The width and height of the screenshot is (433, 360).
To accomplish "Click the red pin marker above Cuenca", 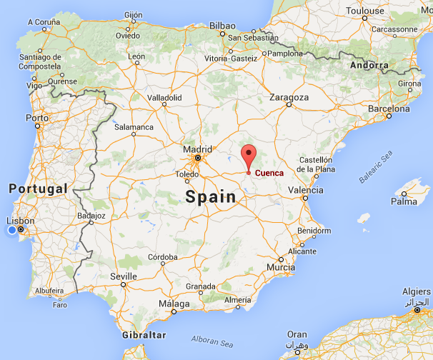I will point(249,154).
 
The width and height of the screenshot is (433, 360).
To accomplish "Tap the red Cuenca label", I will point(269,173).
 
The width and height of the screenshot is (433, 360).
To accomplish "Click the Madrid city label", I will point(196,149).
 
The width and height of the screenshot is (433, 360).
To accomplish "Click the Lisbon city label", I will point(16,221).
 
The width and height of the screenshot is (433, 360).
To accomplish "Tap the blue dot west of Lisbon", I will point(12,231).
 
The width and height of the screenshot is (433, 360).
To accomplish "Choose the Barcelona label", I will point(389,109).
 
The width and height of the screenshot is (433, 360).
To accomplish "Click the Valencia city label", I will point(305,190).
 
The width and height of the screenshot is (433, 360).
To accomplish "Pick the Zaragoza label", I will point(289,97).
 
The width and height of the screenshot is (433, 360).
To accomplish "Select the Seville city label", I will point(124,276).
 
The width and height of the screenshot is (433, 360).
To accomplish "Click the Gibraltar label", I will point(144,334).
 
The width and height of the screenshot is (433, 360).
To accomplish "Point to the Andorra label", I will point(369,65).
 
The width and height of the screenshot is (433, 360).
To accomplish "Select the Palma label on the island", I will point(404,201).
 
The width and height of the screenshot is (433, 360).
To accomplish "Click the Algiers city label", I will point(416,292).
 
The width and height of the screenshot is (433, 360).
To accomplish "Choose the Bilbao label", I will point(222,26).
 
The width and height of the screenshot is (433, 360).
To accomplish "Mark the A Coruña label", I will point(44,21).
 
